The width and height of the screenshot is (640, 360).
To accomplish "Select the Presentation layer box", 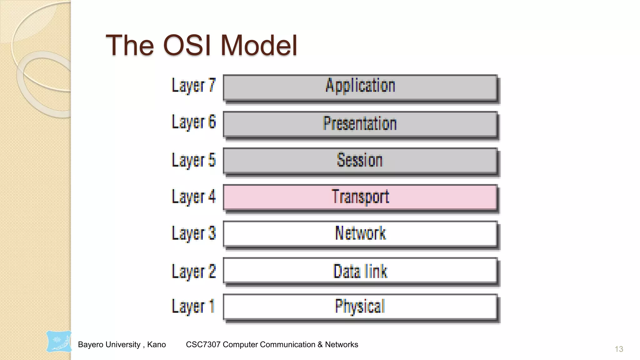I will (x=360, y=124).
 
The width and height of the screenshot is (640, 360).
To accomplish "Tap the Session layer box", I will (x=360, y=161).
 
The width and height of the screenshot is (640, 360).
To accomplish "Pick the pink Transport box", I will (x=360, y=197).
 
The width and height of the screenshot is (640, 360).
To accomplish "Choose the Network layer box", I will (x=360, y=234).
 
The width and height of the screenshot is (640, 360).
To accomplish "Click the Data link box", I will (x=360, y=271).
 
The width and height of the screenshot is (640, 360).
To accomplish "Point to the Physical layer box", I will (x=360, y=307).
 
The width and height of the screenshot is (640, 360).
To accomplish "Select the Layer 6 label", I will (x=194, y=122).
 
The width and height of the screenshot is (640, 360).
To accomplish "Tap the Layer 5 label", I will (x=194, y=160).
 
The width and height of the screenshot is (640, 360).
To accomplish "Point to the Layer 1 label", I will (x=193, y=307).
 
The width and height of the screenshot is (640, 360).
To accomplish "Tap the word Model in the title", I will (x=259, y=46).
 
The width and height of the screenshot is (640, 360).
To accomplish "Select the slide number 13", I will (x=619, y=349).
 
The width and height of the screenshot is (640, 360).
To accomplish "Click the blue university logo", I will (x=59, y=342).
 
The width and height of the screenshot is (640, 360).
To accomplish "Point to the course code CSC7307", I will (x=203, y=344).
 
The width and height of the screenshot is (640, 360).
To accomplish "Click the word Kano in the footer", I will (x=156, y=344).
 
